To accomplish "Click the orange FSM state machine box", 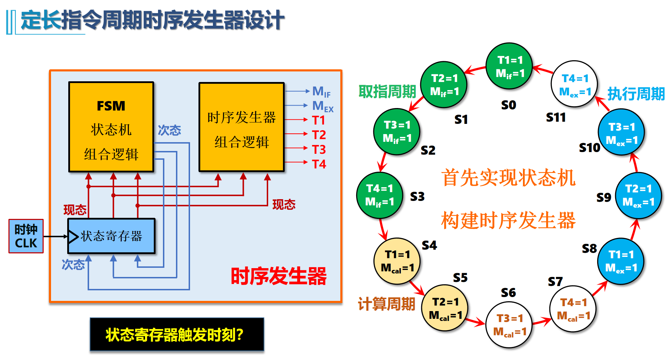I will (111, 127).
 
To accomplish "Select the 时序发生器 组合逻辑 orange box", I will (241, 127).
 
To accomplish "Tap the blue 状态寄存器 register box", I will (111, 236).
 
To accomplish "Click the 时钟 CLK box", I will (26, 236).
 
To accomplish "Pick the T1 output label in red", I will (318, 120).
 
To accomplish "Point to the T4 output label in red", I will (319, 164).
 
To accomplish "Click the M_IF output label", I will (321, 91).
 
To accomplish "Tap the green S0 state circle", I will (509, 66).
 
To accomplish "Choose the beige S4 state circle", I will (397, 261).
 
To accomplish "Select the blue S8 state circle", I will (621, 261).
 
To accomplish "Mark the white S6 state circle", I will (509, 325).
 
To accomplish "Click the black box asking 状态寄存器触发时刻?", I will (177, 334).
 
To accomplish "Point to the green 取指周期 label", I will (387, 91).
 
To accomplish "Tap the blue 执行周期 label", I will (636, 94).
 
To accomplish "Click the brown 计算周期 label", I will (386, 304).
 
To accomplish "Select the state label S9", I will (604, 198).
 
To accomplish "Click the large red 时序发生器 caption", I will (278, 276).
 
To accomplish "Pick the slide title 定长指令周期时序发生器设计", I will (152, 20).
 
